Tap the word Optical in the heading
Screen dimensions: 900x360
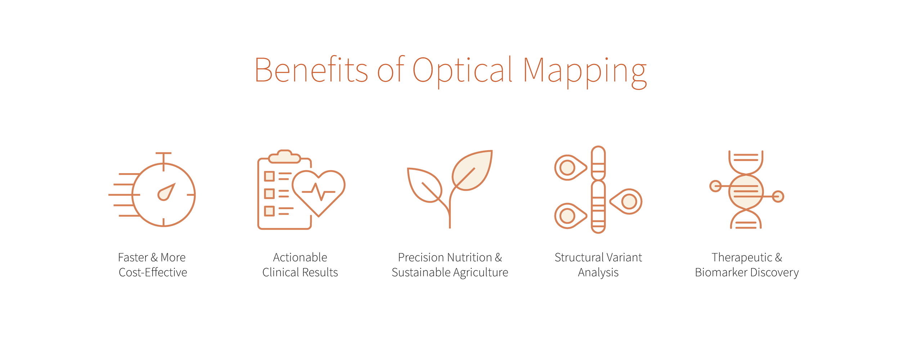[x=462, y=71]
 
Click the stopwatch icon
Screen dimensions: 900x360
[x=163, y=194]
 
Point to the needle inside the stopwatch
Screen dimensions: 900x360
[x=166, y=192]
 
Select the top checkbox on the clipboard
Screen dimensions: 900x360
[x=269, y=176]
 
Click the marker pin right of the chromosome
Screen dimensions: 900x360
[x=627, y=201]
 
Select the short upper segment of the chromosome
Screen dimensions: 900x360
[x=598, y=163]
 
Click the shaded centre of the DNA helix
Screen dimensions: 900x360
[x=746, y=192]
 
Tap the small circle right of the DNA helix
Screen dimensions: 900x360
[x=778, y=197]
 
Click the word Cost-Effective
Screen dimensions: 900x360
[x=153, y=273]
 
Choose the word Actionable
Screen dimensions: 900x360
[x=300, y=257]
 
